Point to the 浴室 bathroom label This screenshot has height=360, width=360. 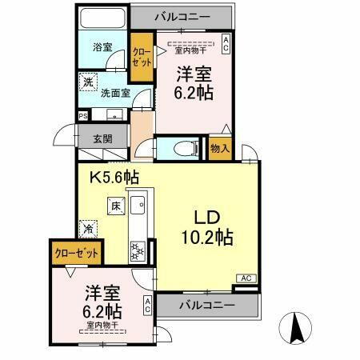[x=102, y=47]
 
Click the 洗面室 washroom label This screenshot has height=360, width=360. [x=115, y=92]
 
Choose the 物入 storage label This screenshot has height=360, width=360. [x=220, y=148]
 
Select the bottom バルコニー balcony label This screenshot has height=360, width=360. [x=206, y=305]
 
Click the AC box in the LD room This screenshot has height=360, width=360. [x=246, y=278]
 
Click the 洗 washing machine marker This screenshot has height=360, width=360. [x=88, y=82]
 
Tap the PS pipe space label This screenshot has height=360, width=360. [x=82, y=116]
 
